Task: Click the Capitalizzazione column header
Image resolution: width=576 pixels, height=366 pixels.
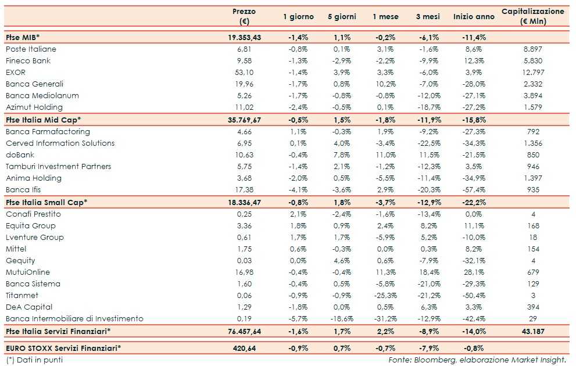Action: tap(532, 16)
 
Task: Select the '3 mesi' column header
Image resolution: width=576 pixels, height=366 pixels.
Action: tap(429, 17)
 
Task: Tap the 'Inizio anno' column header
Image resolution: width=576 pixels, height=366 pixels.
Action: tap(474, 17)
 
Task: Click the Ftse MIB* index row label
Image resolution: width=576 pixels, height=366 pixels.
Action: tap(23, 37)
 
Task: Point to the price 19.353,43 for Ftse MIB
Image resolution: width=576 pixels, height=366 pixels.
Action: tap(244, 37)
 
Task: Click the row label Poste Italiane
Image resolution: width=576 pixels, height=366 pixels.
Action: tap(31, 49)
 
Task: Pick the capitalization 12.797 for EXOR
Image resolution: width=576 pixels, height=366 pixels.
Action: tap(532, 73)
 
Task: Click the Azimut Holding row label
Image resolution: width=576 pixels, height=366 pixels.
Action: tap(34, 107)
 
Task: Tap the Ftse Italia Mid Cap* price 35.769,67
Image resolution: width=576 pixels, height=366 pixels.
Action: tap(244, 120)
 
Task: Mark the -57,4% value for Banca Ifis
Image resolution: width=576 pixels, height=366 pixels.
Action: tap(474, 190)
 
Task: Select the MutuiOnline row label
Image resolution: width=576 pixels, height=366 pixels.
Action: tap(28, 272)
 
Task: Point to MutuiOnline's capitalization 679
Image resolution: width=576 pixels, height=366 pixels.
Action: tap(532, 272)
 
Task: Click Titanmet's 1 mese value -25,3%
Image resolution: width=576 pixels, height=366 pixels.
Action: tap(385, 296)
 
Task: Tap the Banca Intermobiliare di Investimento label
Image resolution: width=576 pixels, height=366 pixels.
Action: tap(74, 319)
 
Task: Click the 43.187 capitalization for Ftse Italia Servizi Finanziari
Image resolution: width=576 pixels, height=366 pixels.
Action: tap(532, 331)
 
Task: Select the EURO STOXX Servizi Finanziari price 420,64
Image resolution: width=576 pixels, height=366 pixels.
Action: tap(244, 349)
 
